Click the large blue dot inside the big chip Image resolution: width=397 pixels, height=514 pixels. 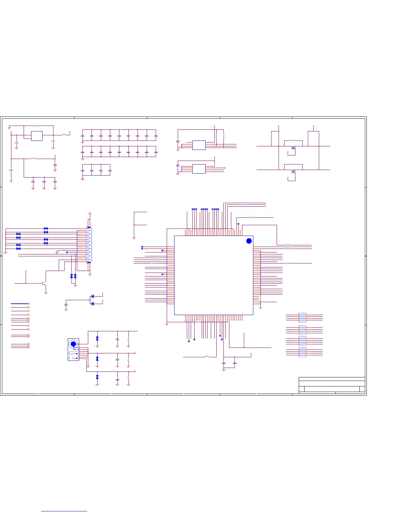(x=249, y=241)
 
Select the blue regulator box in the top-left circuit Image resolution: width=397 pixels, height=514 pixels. (x=37, y=136)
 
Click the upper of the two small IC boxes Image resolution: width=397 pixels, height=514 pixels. (x=199, y=145)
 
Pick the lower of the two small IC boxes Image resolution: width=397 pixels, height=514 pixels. (x=199, y=169)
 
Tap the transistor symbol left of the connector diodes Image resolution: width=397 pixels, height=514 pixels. (x=44, y=284)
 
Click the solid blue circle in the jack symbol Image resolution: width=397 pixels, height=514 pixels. (x=73, y=344)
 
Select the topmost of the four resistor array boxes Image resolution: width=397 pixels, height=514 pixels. (x=302, y=317)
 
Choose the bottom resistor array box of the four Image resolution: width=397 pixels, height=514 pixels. (x=302, y=352)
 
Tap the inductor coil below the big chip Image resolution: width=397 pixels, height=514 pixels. (x=207, y=357)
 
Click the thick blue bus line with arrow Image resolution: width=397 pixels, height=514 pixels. (x=19, y=304)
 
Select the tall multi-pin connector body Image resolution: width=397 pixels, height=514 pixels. (x=89, y=245)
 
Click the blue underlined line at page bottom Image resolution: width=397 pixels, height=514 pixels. (x=64, y=511)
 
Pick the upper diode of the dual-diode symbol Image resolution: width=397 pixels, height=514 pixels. (x=92, y=296)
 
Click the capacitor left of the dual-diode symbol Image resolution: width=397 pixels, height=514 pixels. (x=66, y=305)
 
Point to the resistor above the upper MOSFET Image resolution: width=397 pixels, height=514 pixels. (x=293, y=141)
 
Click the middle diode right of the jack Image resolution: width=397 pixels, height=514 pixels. (x=97, y=359)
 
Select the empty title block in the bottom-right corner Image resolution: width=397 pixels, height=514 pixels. (x=331, y=385)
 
